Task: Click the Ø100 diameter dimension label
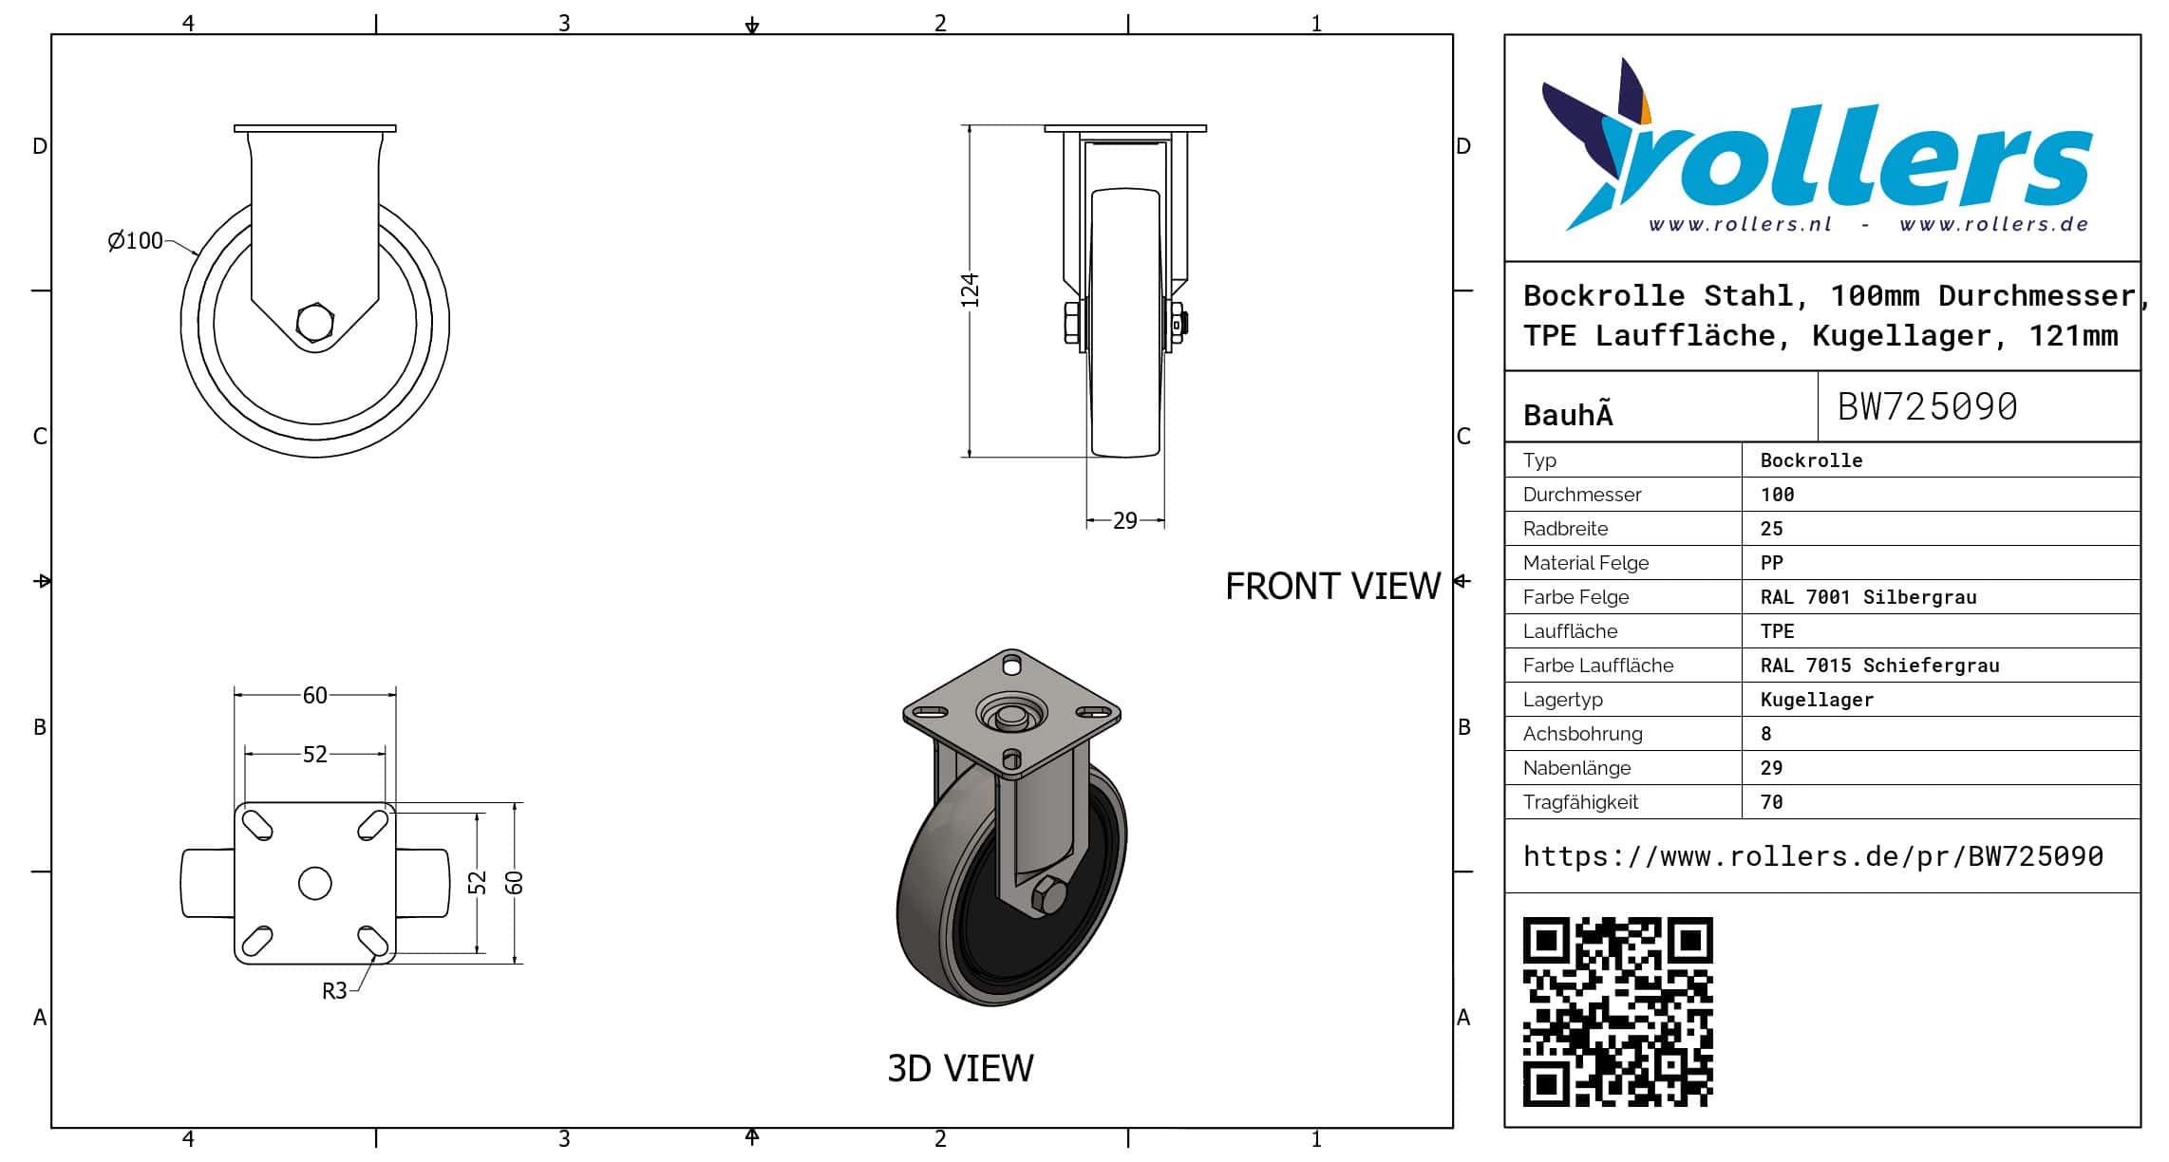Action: pyautogui.click(x=135, y=240)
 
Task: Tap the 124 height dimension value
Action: pyautogui.click(x=969, y=290)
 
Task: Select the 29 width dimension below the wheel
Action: pyautogui.click(x=1124, y=520)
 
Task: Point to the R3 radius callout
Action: pyautogui.click(x=334, y=991)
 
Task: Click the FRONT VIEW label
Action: pyautogui.click(x=1332, y=586)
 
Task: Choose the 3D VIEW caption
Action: pyautogui.click(x=960, y=1068)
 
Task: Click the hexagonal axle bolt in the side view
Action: pyautogui.click(x=314, y=323)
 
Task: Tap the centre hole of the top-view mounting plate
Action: pyautogui.click(x=314, y=883)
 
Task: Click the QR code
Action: pyautogui.click(x=1617, y=1012)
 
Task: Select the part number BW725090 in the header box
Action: pyautogui.click(x=1927, y=406)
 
